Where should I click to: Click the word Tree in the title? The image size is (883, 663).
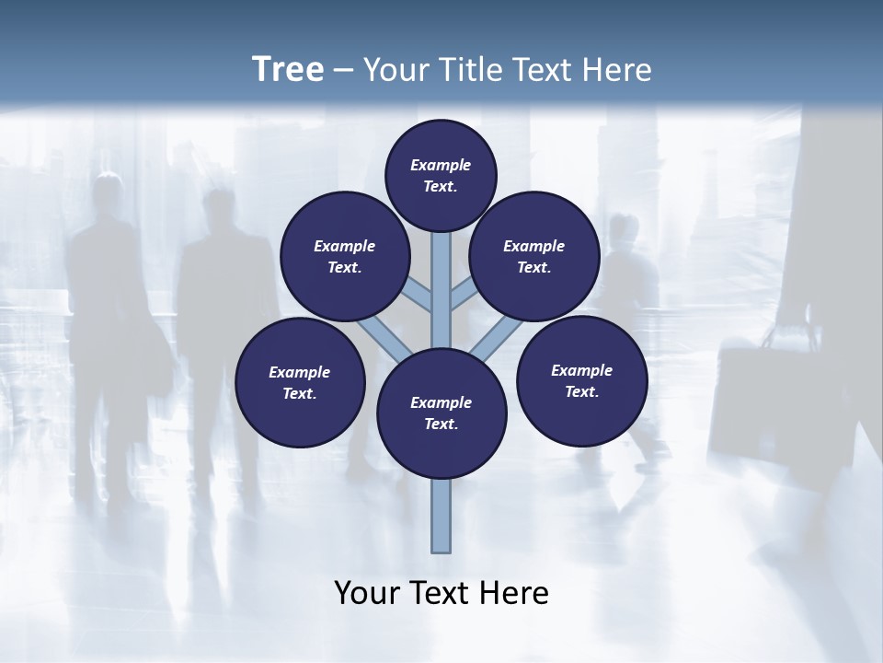(x=288, y=70)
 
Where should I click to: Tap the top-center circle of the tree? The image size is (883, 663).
(x=441, y=175)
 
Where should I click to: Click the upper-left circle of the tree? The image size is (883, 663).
(x=344, y=256)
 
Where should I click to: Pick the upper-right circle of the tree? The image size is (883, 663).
(x=534, y=256)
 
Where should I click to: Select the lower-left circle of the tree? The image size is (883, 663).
(x=300, y=382)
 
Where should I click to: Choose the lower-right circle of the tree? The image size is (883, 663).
(x=582, y=380)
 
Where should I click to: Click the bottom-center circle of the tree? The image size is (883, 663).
(x=441, y=413)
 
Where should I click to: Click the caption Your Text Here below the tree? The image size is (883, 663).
(x=441, y=593)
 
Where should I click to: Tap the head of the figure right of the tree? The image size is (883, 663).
(x=625, y=228)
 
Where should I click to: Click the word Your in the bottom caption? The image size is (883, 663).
(x=366, y=593)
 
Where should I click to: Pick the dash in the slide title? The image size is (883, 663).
(x=343, y=70)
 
